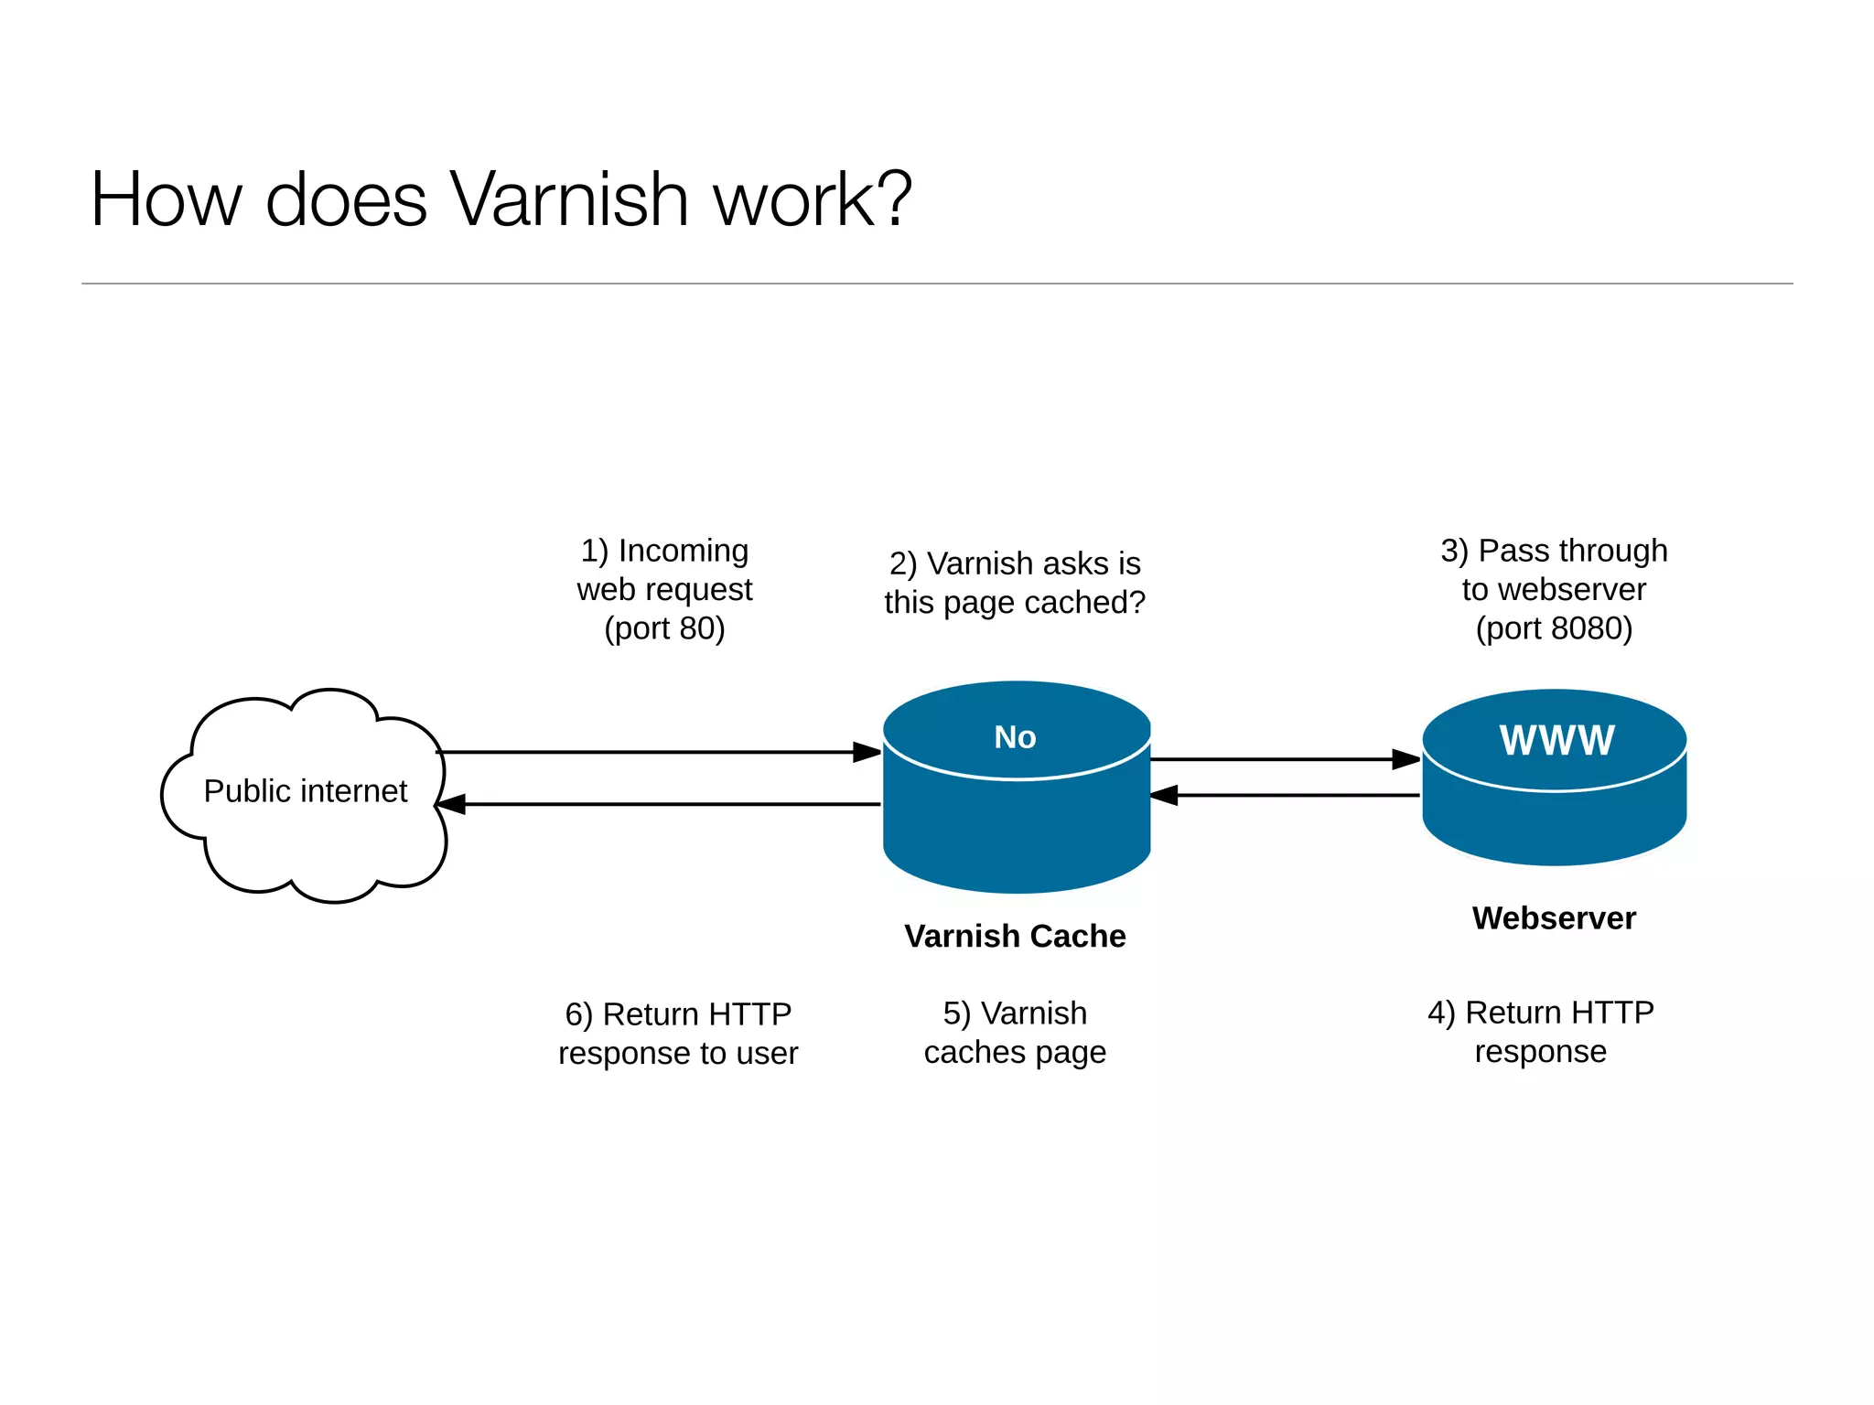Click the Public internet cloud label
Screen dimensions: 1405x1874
(x=305, y=791)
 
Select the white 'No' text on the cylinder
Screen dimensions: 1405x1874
(x=1015, y=737)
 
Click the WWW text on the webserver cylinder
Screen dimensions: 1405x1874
(x=1556, y=740)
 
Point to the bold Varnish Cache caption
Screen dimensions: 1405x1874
(x=1015, y=937)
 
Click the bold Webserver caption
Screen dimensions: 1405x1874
(x=1554, y=918)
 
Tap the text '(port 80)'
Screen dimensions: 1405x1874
(x=664, y=628)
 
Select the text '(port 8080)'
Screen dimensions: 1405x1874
(x=1554, y=628)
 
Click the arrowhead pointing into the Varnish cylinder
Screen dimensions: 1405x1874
(x=867, y=752)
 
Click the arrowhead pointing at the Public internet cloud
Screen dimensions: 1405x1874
(x=452, y=804)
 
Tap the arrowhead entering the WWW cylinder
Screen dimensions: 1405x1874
(x=1405, y=759)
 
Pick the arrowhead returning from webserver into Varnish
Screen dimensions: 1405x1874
(x=1165, y=795)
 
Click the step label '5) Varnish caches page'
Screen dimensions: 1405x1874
(x=1015, y=1033)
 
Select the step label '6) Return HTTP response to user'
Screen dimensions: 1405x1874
(x=678, y=1034)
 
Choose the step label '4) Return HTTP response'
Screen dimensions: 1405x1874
(x=1541, y=1032)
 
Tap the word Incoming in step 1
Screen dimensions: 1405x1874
(x=683, y=551)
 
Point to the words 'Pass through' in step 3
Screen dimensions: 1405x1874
(x=1572, y=551)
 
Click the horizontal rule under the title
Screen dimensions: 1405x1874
(x=937, y=284)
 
